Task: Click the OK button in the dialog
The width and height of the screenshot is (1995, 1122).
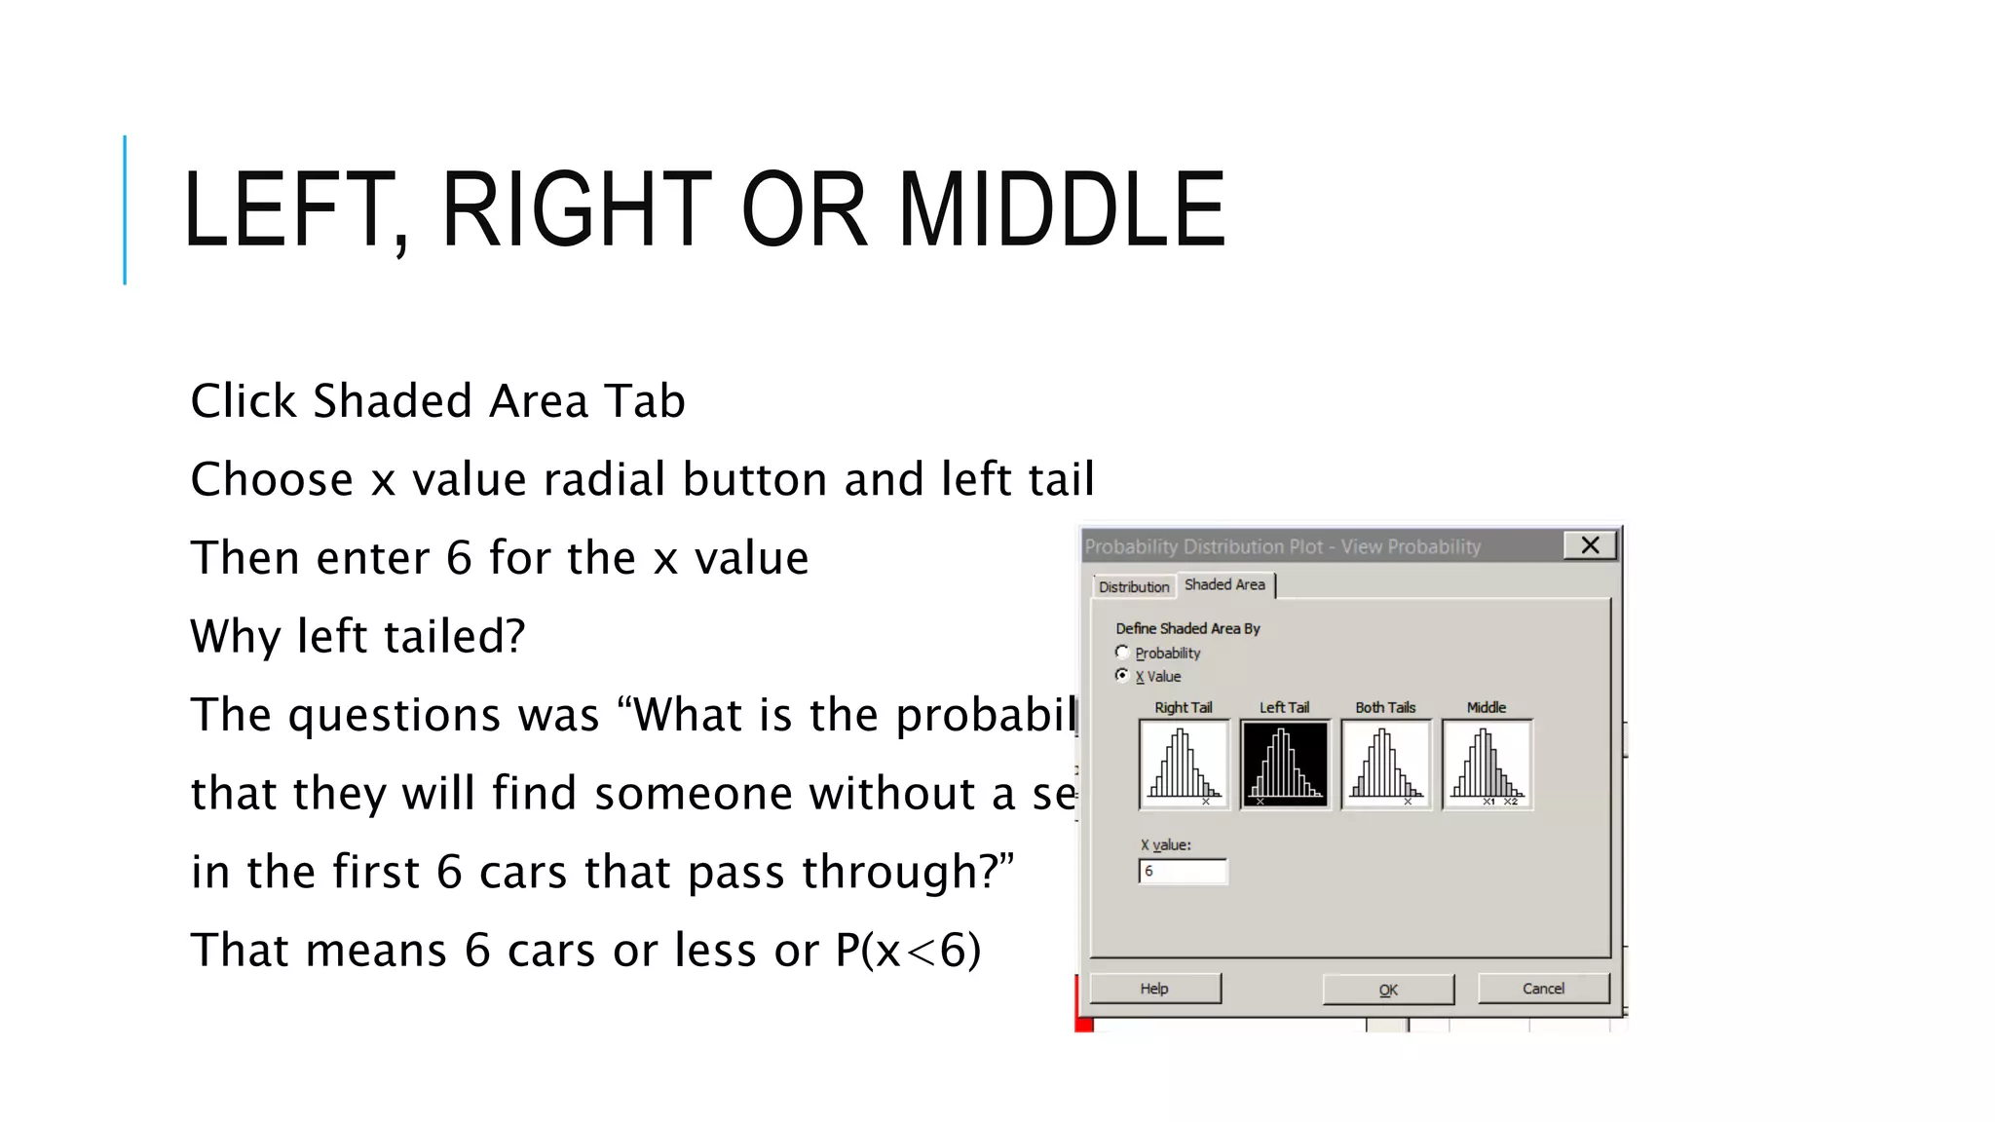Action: (x=1388, y=990)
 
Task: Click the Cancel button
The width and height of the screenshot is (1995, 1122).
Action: (x=1543, y=989)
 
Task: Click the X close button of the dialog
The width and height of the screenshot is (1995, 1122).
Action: (x=1590, y=545)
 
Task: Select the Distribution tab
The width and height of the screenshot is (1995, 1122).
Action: (x=1133, y=586)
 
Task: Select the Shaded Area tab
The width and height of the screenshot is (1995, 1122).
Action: (x=1224, y=584)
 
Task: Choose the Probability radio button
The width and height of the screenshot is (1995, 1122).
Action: (x=1122, y=653)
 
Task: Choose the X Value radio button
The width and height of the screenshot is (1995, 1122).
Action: (x=1122, y=676)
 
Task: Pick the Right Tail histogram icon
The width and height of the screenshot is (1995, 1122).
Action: (x=1184, y=765)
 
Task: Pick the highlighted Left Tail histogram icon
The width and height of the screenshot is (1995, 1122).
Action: (x=1284, y=765)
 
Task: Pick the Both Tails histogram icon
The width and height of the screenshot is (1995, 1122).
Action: (x=1385, y=765)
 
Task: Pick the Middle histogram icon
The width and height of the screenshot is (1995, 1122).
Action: (x=1487, y=765)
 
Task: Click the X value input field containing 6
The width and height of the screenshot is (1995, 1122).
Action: (x=1183, y=871)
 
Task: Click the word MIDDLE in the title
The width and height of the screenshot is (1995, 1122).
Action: (x=1061, y=209)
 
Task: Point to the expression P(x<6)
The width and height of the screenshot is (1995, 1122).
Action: (x=908, y=950)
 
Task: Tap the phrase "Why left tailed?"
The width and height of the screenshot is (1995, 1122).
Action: (x=358, y=636)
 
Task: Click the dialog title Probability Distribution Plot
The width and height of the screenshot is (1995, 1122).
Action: (x=1204, y=546)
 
